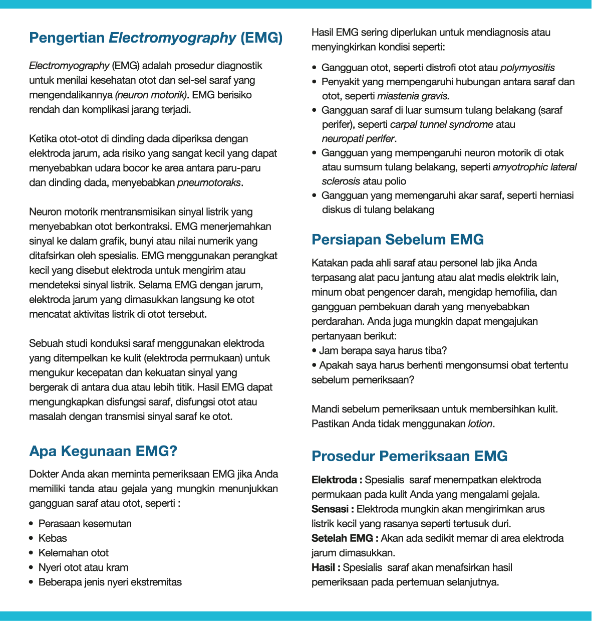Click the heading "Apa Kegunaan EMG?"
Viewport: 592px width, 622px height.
tap(103, 451)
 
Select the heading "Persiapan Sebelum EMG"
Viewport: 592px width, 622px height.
tap(397, 240)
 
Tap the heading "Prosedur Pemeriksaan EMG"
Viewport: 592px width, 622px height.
tap(409, 456)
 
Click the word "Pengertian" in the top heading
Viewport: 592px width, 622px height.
tap(67, 38)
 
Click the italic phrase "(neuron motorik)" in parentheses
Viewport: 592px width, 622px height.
tap(151, 95)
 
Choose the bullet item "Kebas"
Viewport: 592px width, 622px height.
tap(53, 538)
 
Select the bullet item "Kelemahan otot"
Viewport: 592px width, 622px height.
tap(74, 553)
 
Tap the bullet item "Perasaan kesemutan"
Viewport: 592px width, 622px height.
tap(85, 524)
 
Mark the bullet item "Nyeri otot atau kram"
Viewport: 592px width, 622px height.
tap(83, 567)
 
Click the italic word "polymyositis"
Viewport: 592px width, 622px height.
tap(527, 68)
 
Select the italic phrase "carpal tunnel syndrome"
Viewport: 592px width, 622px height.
tap(441, 124)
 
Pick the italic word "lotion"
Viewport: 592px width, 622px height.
tap(480, 424)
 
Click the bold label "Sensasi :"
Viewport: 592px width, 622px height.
tap(333, 509)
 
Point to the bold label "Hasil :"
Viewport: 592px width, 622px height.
tap(326, 567)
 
